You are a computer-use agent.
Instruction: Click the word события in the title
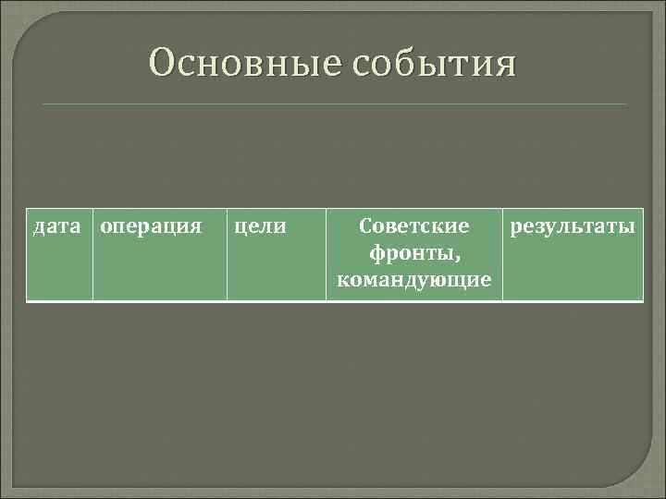433,67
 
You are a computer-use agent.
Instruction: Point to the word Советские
414,225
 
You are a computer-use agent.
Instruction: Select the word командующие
414,278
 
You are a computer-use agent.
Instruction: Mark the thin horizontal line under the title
333,104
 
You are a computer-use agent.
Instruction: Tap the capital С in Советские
364,225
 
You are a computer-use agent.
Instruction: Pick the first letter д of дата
39,226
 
